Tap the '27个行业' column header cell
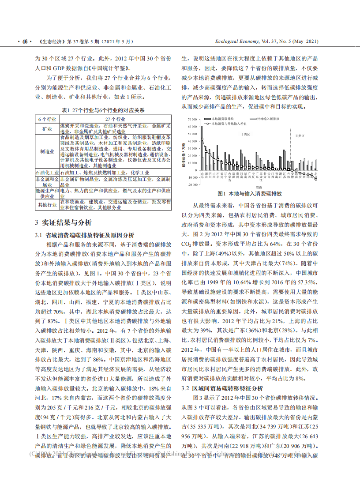click(x=115, y=120)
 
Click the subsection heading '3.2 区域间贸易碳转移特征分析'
click(x=222, y=388)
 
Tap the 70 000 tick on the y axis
click(x=191, y=120)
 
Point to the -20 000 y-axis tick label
click(x=191, y=184)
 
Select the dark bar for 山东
click(x=202, y=148)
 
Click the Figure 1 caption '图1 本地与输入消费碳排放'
click(x=250, y=194)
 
